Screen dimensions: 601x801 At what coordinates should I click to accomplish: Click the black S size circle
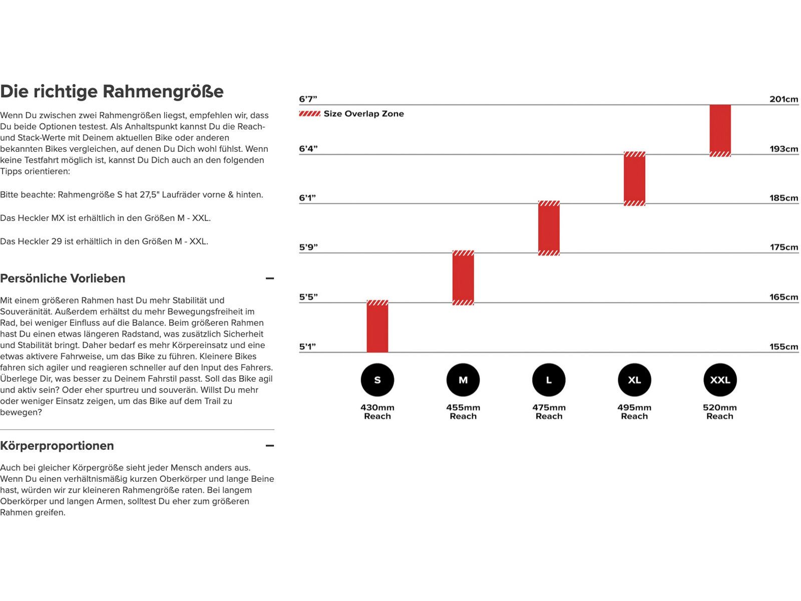[377, 380]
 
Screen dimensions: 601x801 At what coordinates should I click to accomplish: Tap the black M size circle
[463, 380]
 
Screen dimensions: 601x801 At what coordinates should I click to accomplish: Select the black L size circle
[549, 380]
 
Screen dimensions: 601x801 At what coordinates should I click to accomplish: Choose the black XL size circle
[634, 380]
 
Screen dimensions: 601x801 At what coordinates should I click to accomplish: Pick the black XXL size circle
[720, 380]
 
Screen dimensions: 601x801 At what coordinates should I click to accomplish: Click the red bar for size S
[377, 327]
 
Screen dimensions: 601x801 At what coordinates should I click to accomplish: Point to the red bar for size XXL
[720, 130]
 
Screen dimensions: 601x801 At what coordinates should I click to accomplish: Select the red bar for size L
[549, 228]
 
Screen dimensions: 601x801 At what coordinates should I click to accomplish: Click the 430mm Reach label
[377, 412]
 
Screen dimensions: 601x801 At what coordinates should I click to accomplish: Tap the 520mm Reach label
[720, 412]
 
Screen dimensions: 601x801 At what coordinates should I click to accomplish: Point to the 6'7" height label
[308, 99]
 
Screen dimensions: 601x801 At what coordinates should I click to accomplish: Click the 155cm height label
[783, 347]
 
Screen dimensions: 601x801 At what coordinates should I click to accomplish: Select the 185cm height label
[783, 198]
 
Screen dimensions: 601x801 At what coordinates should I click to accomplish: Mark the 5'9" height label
[308, 247]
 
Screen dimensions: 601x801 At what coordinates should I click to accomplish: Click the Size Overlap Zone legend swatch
[309, 114]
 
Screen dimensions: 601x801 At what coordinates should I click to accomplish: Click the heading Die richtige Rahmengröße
[112, 92]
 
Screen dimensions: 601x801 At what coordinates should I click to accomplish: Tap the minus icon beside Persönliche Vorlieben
[270, 278]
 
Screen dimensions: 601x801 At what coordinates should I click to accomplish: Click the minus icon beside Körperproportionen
[270, 446]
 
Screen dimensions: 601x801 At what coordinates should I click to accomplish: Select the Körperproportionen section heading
[57, 446]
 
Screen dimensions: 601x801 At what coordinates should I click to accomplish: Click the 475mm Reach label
[549, 412]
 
